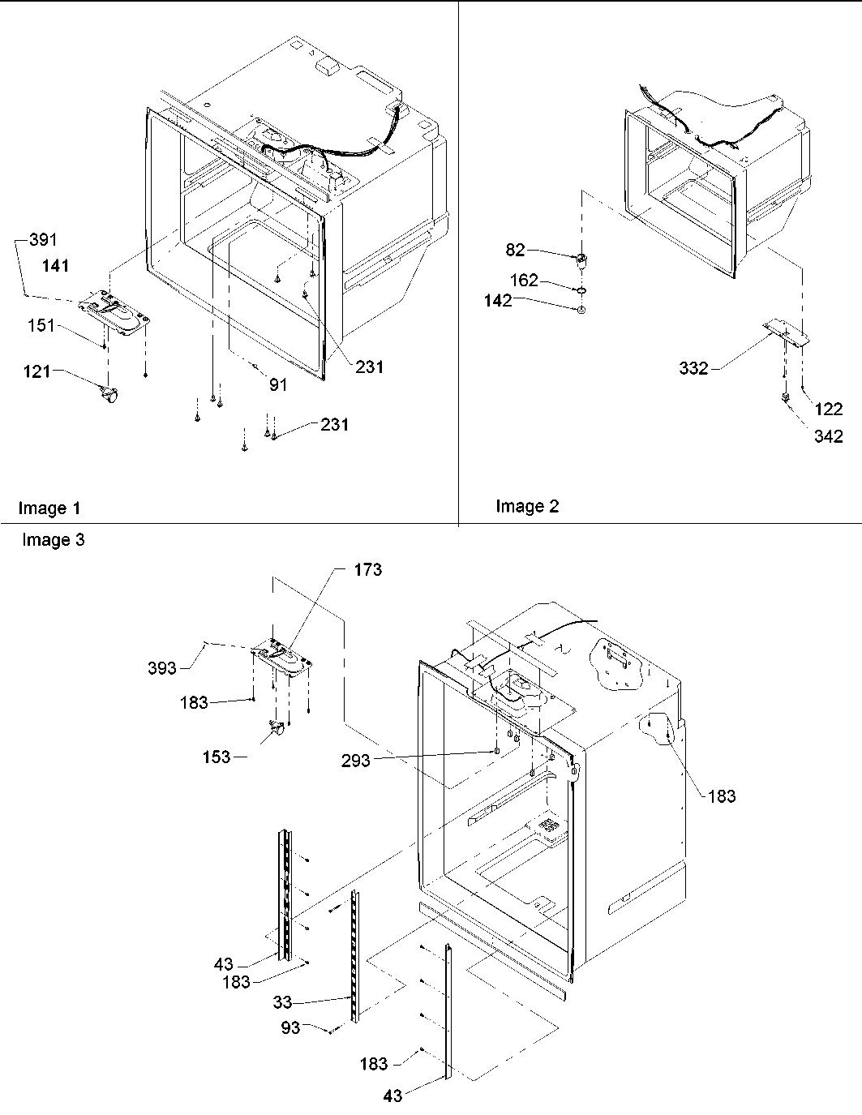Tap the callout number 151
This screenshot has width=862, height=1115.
pyautogui.click(x=40, y=325)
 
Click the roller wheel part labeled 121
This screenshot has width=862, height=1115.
pyautogui.click(x=108, y=396)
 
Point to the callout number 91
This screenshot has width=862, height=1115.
pyautogui.click(x=278, y=385)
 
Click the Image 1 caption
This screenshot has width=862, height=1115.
pyautogui.click(x=49, y=508)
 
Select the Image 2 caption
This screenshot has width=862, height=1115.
pyautogui.click(x=527, y=507)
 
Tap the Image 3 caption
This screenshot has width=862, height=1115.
pyautogui.click(x=53, y=540)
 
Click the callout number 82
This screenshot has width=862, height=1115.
pyautogui.click(x=516, y=250)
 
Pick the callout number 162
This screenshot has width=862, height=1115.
pyautogui.click(x=523, y=281)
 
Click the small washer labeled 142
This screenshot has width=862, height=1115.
pyautogui.click(x=581, y=310)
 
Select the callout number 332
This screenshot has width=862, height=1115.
pyautogui.click(x=693, y=369)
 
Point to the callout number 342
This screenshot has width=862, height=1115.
pyautogui.click(x=829, y=436)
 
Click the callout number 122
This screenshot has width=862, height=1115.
pyautogui.click(x=829, y=410)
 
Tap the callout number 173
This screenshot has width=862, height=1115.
pyautogui.click(x=367, y=570)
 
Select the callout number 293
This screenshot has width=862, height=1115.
pyautogui.click(x=355, y=760)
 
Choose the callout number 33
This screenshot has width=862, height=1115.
pyautogui.click(x=282, y=1002)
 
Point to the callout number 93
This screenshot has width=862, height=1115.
pyautogui.click(x=290, y=1027)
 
